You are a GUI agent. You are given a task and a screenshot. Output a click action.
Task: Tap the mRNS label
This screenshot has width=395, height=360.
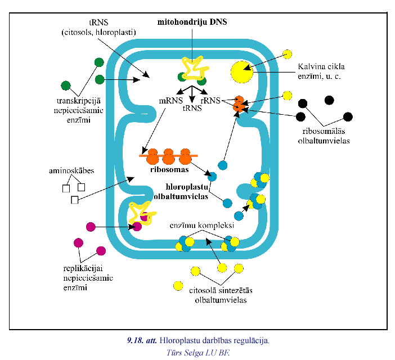pos(169,102)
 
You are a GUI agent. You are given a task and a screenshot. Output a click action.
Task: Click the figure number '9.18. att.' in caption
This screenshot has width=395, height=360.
pos(142,340)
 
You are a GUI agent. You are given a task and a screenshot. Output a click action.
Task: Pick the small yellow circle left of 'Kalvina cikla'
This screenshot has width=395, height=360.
pos(288,55)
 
